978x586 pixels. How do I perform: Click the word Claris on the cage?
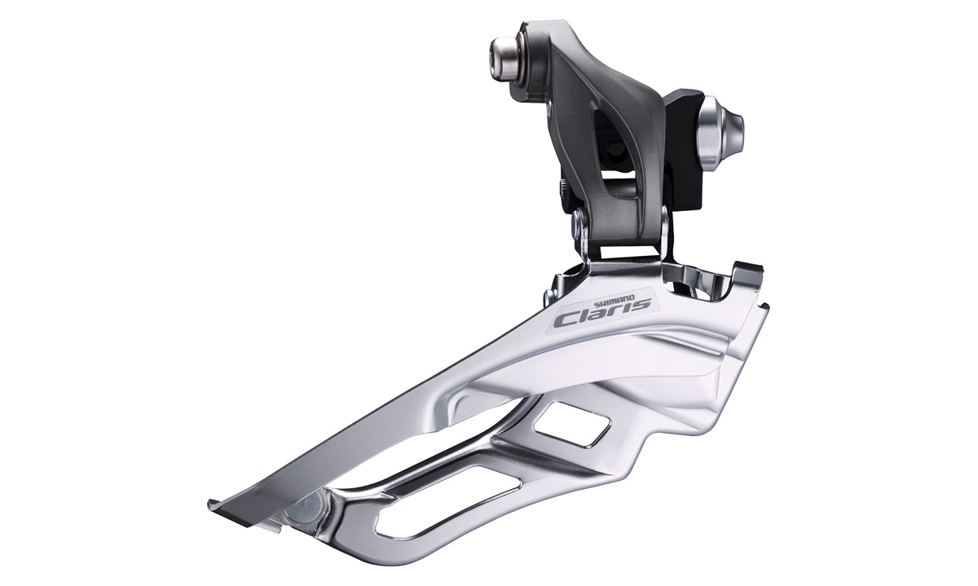602,311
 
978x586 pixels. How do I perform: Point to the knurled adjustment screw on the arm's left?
565,188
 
